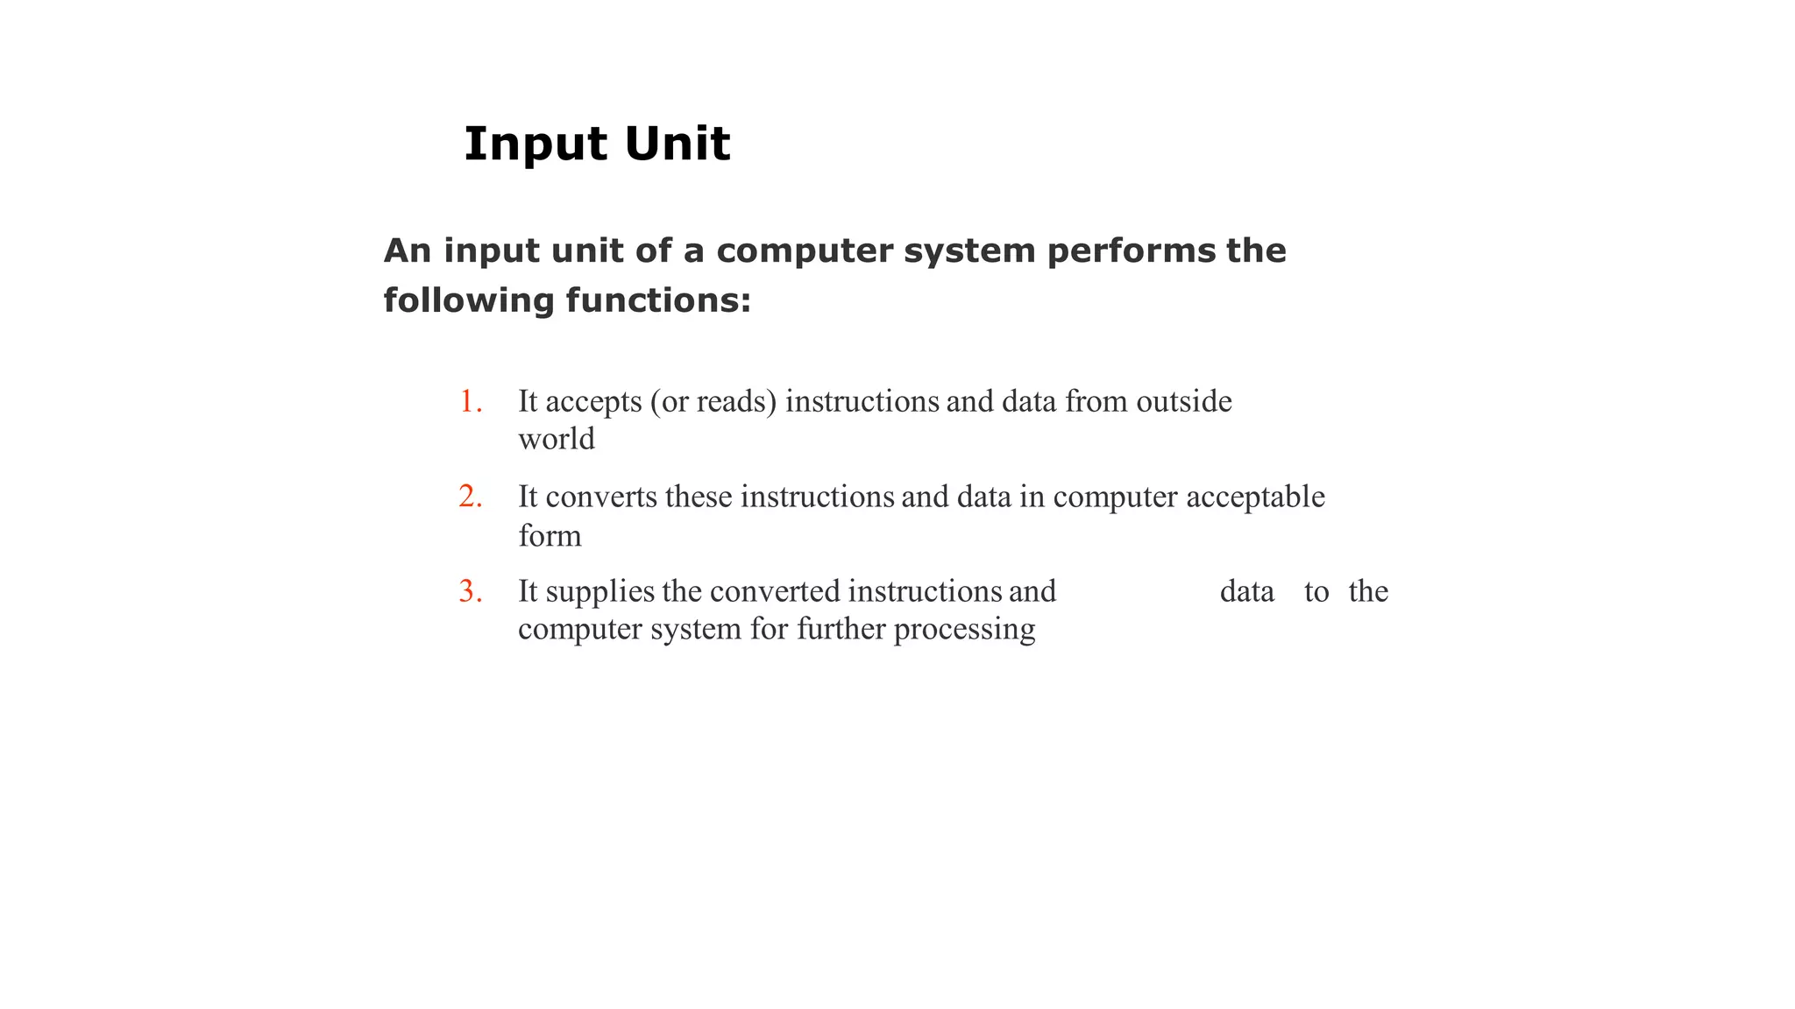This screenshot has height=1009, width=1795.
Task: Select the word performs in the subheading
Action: tap(1132, 251)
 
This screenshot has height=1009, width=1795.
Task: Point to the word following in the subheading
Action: tap(469, 300)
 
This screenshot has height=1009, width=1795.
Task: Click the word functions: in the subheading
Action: tap(658, 300)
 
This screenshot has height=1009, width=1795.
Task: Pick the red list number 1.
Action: tap(471, 402)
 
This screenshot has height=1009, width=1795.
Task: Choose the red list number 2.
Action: tap(471, 497)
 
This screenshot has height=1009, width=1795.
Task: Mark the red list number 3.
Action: tap(471, 592)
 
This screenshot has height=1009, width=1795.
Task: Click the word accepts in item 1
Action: tap(593, 403)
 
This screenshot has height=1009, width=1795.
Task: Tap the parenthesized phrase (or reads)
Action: tap(713, 402)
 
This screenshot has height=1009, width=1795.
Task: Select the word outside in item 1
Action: tap(1184, 401)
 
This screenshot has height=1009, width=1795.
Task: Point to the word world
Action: tap(557, 439)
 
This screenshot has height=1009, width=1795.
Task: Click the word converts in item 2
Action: tap(601, 497)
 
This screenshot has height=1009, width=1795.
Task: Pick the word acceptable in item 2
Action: tap(1255, 497)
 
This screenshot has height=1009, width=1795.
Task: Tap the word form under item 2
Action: tap(550, 535)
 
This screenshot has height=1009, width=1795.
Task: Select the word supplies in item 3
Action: tap(600, 592)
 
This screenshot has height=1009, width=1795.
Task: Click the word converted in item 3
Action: tap(775, 591)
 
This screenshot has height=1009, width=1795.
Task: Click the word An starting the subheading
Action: tap(408, 251)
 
